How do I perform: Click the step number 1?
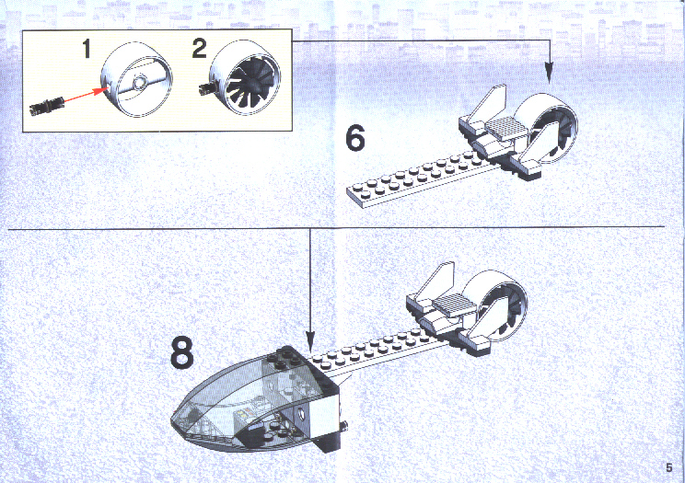click(87, 49)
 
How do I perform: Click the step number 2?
click(199, 48)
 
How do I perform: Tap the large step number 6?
click(355, 138)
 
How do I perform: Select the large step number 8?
click(181, 353)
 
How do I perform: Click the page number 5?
click(668, 467)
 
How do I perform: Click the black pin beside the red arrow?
click(47, 107)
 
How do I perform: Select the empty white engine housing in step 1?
click(137, 80)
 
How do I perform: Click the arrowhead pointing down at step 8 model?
click(310, 342)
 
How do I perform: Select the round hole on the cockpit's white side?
click(301, 411)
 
